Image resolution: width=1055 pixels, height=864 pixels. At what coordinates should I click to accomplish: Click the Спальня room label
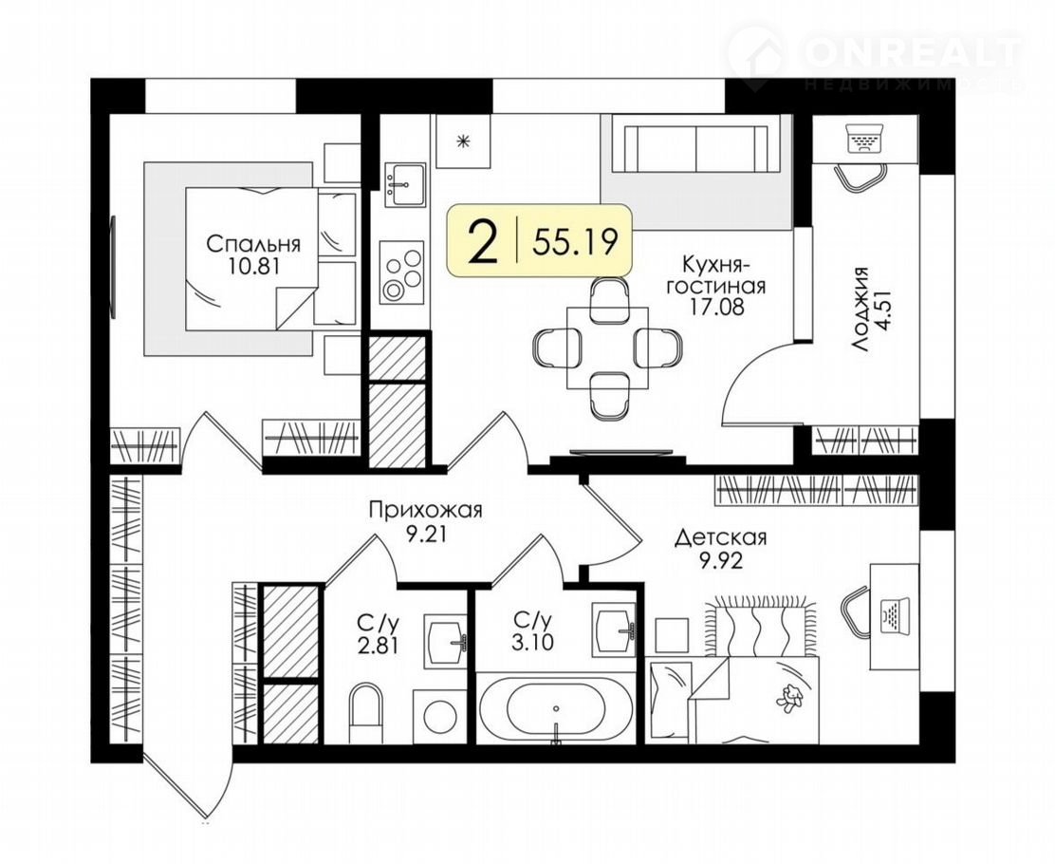pos(253,243)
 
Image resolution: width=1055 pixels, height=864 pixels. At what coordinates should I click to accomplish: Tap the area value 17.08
pos(716,308)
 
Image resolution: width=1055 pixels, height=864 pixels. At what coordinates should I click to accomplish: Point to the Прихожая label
pos(425,510)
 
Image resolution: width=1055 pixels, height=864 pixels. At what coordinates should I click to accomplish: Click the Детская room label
pos(721,537)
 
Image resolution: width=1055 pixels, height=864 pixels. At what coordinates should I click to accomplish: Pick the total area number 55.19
pos(575,242)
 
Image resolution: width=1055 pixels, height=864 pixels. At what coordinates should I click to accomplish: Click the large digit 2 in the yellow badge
pos(484,243)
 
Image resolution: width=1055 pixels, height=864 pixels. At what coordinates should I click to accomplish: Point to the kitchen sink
pos(404,184)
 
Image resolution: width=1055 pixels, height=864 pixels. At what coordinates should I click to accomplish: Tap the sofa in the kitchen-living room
pos(696,147)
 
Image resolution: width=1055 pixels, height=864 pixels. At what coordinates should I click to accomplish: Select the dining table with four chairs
pos(607,348)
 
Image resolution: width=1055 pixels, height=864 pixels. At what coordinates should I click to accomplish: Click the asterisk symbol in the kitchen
pos(462,141)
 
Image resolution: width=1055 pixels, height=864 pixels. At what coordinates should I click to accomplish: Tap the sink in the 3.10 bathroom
pos(613,629)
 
